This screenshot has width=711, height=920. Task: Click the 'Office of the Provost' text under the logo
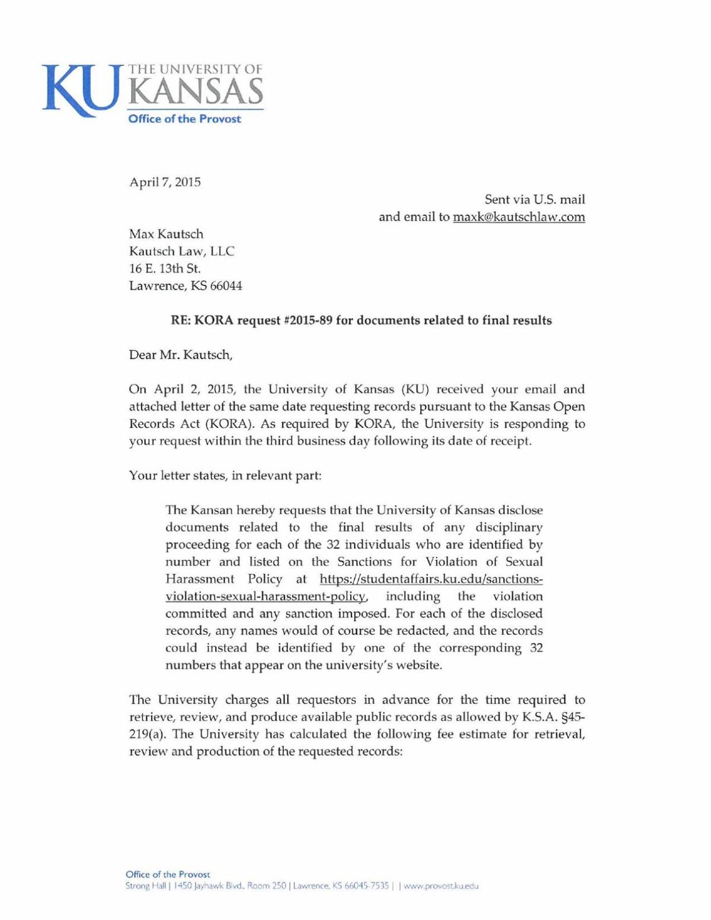point(185,119)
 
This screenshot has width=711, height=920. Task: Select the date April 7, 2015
point(165,182)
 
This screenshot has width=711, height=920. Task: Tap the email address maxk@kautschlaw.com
point(518,217)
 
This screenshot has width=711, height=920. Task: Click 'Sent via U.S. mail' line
point(534,200)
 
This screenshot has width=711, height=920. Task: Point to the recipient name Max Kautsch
point(166,234)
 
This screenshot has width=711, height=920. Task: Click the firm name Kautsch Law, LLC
point(181,251)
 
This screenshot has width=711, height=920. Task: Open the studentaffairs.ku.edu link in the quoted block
point(431,579)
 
